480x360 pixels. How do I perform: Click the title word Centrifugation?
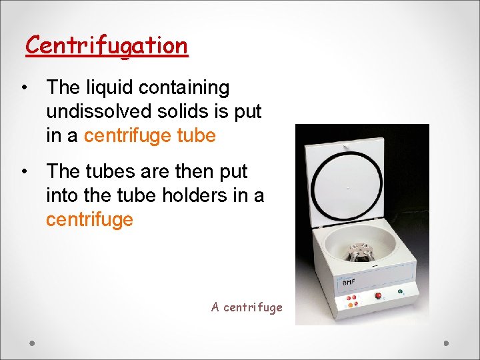point(107,45)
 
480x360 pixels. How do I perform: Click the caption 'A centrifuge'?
point(247,307)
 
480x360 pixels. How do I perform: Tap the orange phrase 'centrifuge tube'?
point(150,136)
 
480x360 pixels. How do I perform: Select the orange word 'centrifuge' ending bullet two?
point(89,219)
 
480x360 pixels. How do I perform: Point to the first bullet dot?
point(23,88)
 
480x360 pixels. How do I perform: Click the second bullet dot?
point(23,172)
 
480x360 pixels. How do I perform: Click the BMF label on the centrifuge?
point(349,283)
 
